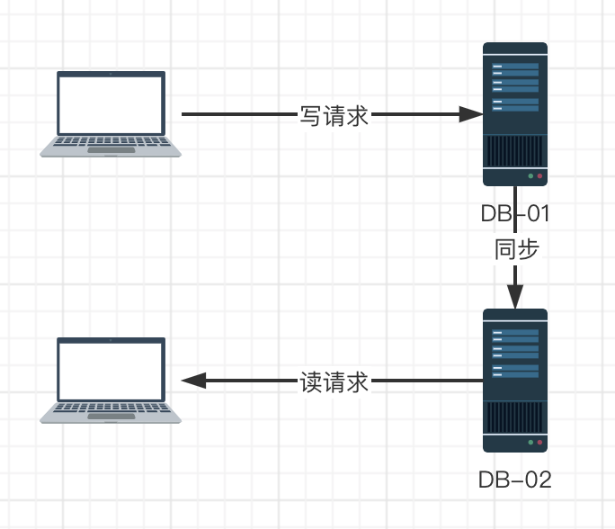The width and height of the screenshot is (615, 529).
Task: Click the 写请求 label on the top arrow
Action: pyautogui.click(x=334, y=115)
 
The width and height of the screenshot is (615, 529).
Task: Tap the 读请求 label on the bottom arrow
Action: pyautogui.click(x=334, y=381)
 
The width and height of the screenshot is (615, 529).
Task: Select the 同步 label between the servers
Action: pyautogui.click(x=516, y=249)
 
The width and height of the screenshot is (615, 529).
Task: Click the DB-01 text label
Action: pyautogui.click(x=515, y=214)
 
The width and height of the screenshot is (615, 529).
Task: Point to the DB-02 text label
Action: pyautogui.click(x=515, y=480)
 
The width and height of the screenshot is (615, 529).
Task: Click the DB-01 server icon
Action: pyautogui.click(x=515, y=113)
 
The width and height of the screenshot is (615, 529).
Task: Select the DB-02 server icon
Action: pyautogui.click(x=515, y=380)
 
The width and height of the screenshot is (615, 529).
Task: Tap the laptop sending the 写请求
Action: pyautogui.click(x=111, y=114)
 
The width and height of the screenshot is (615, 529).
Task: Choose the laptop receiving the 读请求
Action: pyautogui.click(x=111, y=381)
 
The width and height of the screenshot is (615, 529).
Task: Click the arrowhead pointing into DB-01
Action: pyautogui.click(x=471, y=114)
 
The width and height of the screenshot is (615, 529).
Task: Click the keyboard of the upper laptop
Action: pyautogui.click(x=111, y=142)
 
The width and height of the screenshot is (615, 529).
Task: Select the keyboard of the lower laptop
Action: pyautogui.click(x=111, y=409)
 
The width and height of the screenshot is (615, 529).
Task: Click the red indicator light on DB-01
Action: pyautogui.click(x=539, y=176)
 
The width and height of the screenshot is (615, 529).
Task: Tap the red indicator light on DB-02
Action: pyautogui.click(x=539, y=443)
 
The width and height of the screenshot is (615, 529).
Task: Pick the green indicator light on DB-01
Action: pyautogui.click(x=530, y=176)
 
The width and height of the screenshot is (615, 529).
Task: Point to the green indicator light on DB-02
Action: pyautogui.click(x=530, y=443)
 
